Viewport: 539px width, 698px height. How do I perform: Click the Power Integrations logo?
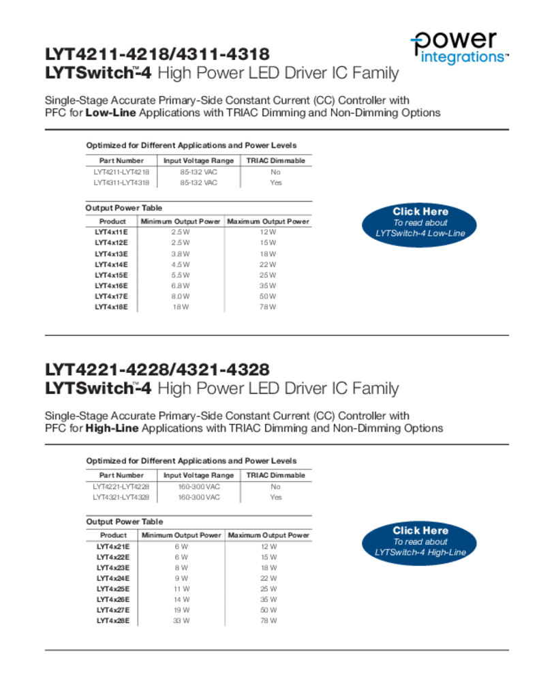pos(459,47)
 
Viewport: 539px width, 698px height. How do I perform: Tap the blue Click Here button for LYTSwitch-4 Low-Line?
pos(420,222)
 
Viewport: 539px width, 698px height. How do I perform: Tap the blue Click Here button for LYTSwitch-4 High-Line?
pos(420,541)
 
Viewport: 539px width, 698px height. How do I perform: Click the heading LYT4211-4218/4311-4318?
pos(157,54)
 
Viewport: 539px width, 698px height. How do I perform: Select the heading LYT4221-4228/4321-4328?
pos(157,369)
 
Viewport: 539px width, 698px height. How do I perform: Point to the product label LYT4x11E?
pos(111,232)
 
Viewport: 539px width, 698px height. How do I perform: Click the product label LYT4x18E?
pos(111,307)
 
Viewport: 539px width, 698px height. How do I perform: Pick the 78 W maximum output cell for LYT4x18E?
pos(268,307)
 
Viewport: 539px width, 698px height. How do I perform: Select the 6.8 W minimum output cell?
pos(181,286)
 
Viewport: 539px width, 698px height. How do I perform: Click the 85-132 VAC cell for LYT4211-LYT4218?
pos(198,172)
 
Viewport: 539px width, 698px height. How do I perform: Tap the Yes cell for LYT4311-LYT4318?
pos(275,183)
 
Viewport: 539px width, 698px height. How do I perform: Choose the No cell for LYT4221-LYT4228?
pos(275,487)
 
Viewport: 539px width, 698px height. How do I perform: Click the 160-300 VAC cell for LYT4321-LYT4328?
pos(198,498)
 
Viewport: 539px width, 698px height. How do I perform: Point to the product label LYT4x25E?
pos(113,589)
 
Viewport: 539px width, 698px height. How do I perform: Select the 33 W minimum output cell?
pos(181,621)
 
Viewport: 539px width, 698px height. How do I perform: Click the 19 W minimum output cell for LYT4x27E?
pos(181,610)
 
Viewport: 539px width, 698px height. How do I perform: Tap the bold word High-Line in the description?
pos(112,428)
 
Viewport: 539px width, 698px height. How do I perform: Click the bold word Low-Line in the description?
pos(110,112)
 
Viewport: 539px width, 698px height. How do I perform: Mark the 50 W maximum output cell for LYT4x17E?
pos(268,297)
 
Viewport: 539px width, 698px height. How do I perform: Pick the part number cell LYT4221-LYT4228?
pos(121,487)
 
